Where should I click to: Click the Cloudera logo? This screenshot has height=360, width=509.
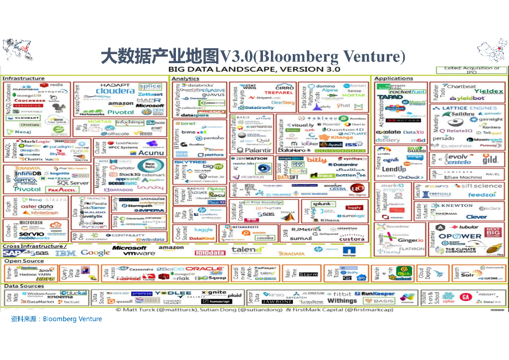coord(115,91)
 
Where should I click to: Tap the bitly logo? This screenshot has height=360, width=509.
coord(316,160)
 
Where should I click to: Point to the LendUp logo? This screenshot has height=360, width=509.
coord(394,170)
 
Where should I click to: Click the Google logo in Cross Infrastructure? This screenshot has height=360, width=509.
coord(95,253)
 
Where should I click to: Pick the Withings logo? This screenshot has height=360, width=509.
coord(342,301)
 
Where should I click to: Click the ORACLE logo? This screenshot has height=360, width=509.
coord(205,269)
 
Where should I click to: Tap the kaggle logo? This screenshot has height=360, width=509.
coord(204,230)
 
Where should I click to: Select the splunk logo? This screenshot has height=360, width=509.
coord(323,204)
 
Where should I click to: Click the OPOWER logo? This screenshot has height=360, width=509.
coord(459,236)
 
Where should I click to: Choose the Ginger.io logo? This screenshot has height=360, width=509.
coord(411,240)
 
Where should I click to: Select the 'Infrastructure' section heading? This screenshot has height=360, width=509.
coord(23,79)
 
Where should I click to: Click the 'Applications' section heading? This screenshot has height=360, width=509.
coord(394,79)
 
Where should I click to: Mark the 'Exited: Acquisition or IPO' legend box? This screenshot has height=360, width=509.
coord(471,70)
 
